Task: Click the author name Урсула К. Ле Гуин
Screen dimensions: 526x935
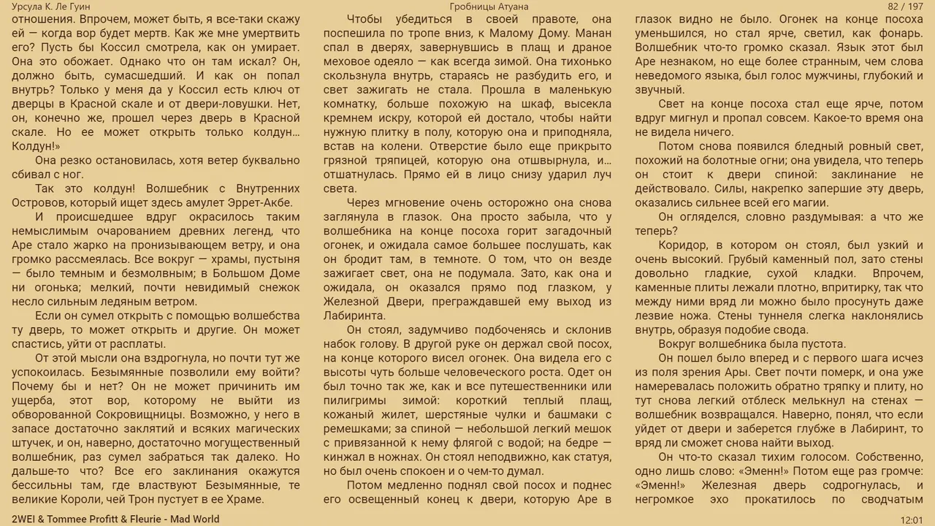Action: point(51,7)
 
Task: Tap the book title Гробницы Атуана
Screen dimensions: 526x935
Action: point(489,7)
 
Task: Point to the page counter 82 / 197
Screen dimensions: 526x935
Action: point(906,7)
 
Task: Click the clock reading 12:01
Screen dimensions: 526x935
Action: point(912,519)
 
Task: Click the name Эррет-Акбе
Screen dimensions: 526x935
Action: point(261,202)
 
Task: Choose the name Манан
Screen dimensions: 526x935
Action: point(593,33)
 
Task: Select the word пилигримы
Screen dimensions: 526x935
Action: point(354,400)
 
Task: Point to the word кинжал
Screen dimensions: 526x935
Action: point(346,457)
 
